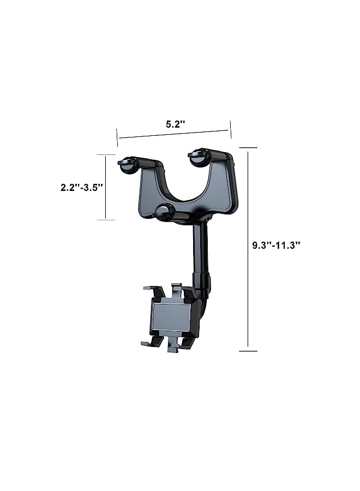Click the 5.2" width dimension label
(x=176, y=124)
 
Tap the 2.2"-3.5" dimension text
(x=82, y=187)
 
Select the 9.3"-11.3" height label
(x=277, y=245)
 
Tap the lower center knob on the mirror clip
(x=164, y=211)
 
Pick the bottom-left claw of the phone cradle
(x=151, y=343)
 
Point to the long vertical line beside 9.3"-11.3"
(x=248, y=248)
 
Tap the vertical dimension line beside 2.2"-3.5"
(x=106, y=187)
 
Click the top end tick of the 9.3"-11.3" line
(x=248, y=147)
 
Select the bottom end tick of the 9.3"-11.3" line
(x=248, y=351)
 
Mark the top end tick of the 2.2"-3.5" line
(x=106, y=154)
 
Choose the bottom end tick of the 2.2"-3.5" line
(x=106, y=220)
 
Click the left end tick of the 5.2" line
(x=117, y=138)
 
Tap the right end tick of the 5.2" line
(x=231, y=130)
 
